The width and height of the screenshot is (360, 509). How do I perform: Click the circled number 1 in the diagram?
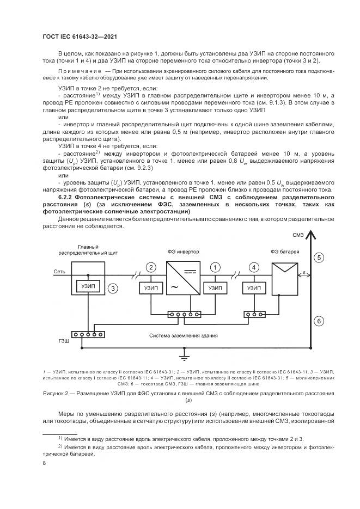(215, 267)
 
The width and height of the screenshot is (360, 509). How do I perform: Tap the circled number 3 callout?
(113, 289)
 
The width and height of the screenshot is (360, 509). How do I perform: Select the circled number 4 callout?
(253, 267)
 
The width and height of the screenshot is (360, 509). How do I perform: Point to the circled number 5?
(319, 257)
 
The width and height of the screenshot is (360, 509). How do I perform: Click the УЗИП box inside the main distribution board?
(87, 286)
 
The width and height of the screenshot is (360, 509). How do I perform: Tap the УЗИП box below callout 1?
(215, 288)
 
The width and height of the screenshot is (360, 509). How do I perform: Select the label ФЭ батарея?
(284, 252)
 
